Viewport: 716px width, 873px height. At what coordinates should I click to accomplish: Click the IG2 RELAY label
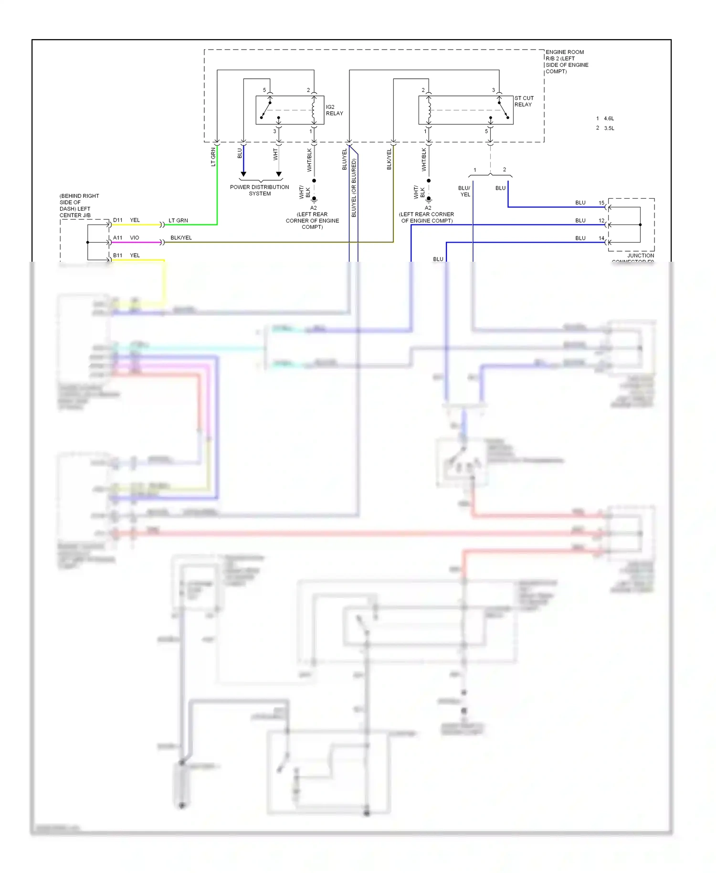click(x=334, y=110)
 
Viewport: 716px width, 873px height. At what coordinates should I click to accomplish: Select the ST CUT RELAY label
click(x=524, y=101)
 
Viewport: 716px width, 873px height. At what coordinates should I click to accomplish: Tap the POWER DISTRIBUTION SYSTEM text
click(x=259, y=190)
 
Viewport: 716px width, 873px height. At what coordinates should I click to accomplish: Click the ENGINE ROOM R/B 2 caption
click(x=567, y=62)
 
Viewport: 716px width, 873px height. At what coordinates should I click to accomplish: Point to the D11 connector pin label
click(x=118, y=220)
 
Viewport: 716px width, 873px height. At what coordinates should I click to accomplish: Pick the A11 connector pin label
click(x=118, y=238)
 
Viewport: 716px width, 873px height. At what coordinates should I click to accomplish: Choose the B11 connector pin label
click(x=118, y=256)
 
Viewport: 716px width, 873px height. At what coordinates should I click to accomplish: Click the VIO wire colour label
click(x=135, y=238)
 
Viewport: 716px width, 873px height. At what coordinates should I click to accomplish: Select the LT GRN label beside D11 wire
click(x=179, y=221)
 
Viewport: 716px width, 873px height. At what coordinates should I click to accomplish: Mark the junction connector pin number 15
click(x=601, y=203)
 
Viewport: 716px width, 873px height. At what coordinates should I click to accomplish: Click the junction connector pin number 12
click(x=601, y=221)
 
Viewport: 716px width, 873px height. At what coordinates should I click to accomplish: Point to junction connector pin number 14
click(x=601, y=238)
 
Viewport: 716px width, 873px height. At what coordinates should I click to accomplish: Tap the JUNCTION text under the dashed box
click(x=641, y=256)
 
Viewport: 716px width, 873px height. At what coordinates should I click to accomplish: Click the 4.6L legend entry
click(x=609, y=118)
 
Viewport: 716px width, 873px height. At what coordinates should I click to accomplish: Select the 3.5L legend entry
click(x=609, y=128)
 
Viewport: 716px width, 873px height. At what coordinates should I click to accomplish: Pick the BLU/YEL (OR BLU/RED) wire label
click(x=354, y=188)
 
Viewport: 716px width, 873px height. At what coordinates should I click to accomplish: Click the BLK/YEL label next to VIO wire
click(x=181, y=238)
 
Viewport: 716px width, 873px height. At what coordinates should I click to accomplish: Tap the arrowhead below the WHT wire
click(x=279, y=174)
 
